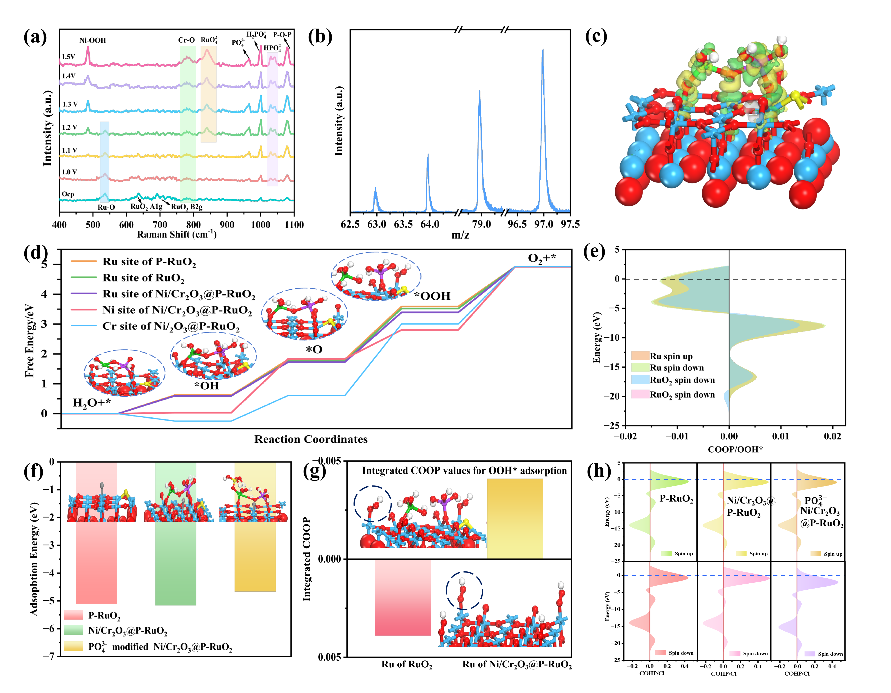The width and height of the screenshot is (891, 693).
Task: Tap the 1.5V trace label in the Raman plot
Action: point(69,57)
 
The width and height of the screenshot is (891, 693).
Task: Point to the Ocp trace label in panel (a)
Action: point(68,194)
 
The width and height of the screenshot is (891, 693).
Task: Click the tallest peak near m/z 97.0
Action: point(543,51)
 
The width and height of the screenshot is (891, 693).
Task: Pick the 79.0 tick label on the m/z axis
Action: point(481,224)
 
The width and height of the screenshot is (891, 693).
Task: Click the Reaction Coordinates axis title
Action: point(311,439)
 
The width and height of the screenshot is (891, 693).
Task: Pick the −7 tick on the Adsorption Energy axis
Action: point(49,656)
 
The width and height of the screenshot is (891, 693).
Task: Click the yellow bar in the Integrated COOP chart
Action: point(515,518)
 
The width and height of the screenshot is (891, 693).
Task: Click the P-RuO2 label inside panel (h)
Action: point(676,499)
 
